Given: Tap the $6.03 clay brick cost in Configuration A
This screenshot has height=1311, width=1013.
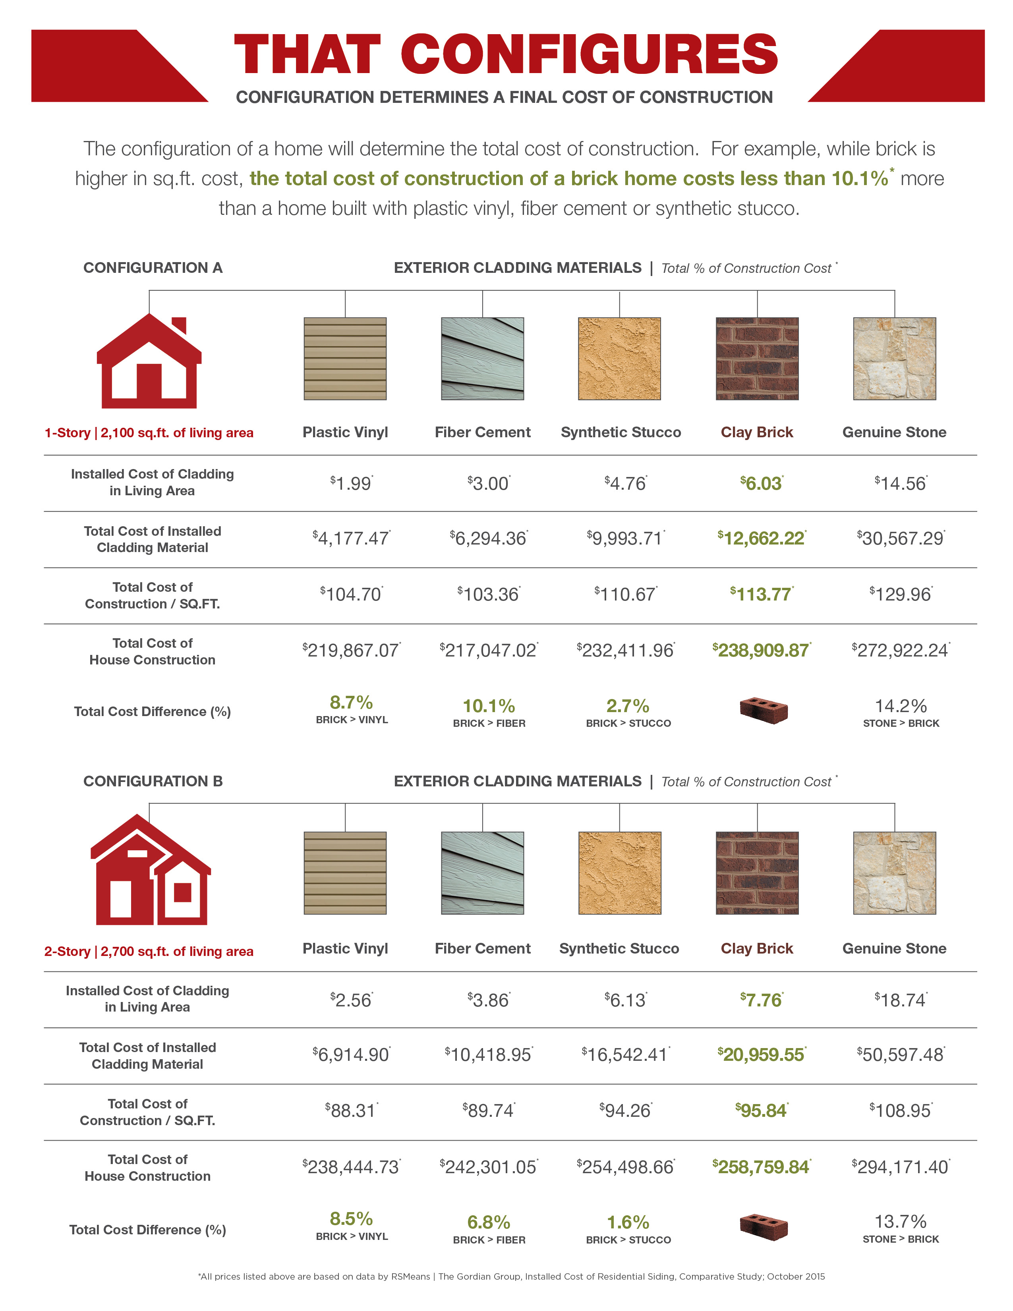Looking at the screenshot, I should pyautogui.click(x=762, y=483).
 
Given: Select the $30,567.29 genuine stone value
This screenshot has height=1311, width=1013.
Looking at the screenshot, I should pyautogui.click(x=901, y=538).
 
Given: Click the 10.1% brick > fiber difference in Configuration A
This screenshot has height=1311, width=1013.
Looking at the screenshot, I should pyautogui.click(x=489, y=706).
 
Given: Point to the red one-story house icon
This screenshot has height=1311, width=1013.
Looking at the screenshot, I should pyautogui.click(x=149, y=361).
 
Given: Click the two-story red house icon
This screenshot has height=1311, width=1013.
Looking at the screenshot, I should pyautogui.click(x=150, y=871).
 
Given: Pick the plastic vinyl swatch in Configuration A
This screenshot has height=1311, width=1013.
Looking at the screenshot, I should pyautogui.click(x=345, y=358).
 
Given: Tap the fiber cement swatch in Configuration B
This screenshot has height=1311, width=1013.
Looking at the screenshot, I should pyautogui.click(x=482, y=873).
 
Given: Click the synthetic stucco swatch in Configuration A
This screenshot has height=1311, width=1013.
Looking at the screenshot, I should pyautogui.click(x=619, y=358).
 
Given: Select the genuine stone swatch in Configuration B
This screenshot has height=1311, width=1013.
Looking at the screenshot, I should pyautogui.click(x=894, y=873).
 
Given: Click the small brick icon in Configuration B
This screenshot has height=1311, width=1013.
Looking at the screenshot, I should pyautogui.click(x=763, y=1226).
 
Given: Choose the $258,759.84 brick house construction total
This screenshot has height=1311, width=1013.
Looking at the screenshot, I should pyautogui.click(x=762, y=1167).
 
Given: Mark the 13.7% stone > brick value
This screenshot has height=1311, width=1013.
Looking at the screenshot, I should pyautogui.click(x=901, y=1222).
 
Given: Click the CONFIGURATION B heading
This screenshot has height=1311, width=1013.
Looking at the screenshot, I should pyautogui.click(x=153, y=781).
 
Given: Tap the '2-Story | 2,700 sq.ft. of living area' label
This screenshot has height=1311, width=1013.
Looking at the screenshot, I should pyautogui.click(x=149, y=952).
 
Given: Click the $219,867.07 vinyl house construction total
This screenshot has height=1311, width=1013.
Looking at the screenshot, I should pyautogui.click(x=352, y=650).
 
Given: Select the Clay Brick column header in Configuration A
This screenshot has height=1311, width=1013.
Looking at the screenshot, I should pyautogui.click(x=757, y=432).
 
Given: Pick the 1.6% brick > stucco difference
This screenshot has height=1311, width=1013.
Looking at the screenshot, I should pyautogui.click(x=628, y=1222).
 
